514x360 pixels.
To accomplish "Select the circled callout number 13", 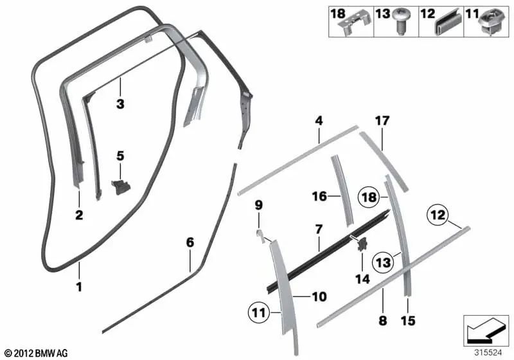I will pos(384,262).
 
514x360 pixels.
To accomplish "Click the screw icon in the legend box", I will pos(402,26).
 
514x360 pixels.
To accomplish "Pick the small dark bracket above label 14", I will pos(362,244).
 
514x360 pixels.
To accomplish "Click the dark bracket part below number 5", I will pos(121,186).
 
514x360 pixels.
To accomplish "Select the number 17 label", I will pos(382,120).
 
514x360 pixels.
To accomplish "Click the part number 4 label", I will pos(319,120).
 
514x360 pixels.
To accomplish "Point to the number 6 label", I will pos(190,242).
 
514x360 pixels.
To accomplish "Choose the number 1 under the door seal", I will pos(79,287).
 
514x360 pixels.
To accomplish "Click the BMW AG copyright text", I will pos(36,353).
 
